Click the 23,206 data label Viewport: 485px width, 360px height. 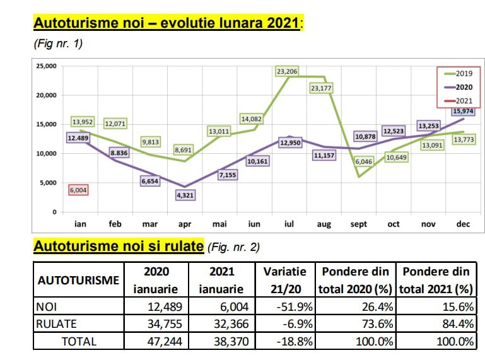[x=287, y=71]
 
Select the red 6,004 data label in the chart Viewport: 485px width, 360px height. [x=78, y=190]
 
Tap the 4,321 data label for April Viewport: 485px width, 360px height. [x=185, y=195]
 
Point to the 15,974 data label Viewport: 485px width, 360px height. [x=463, y=111]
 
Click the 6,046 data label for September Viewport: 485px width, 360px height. [x=364, y=161]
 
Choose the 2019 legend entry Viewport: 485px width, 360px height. [x=459, y=73]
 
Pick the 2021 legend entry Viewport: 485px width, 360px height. [x=459, y=101]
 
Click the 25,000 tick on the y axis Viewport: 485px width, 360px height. [x=47, y=66]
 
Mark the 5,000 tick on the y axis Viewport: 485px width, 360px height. [x=49, y=183]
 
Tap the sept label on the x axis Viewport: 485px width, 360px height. [x=358, y=224]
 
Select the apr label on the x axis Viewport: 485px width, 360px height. [x=185, y=224]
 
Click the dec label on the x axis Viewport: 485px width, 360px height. [x=463, y=224]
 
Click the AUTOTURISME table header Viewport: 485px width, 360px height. [x=78, y=280]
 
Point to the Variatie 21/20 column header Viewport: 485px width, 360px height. [x=285, y=280]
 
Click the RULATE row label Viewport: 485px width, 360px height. [x=56, y=324]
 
